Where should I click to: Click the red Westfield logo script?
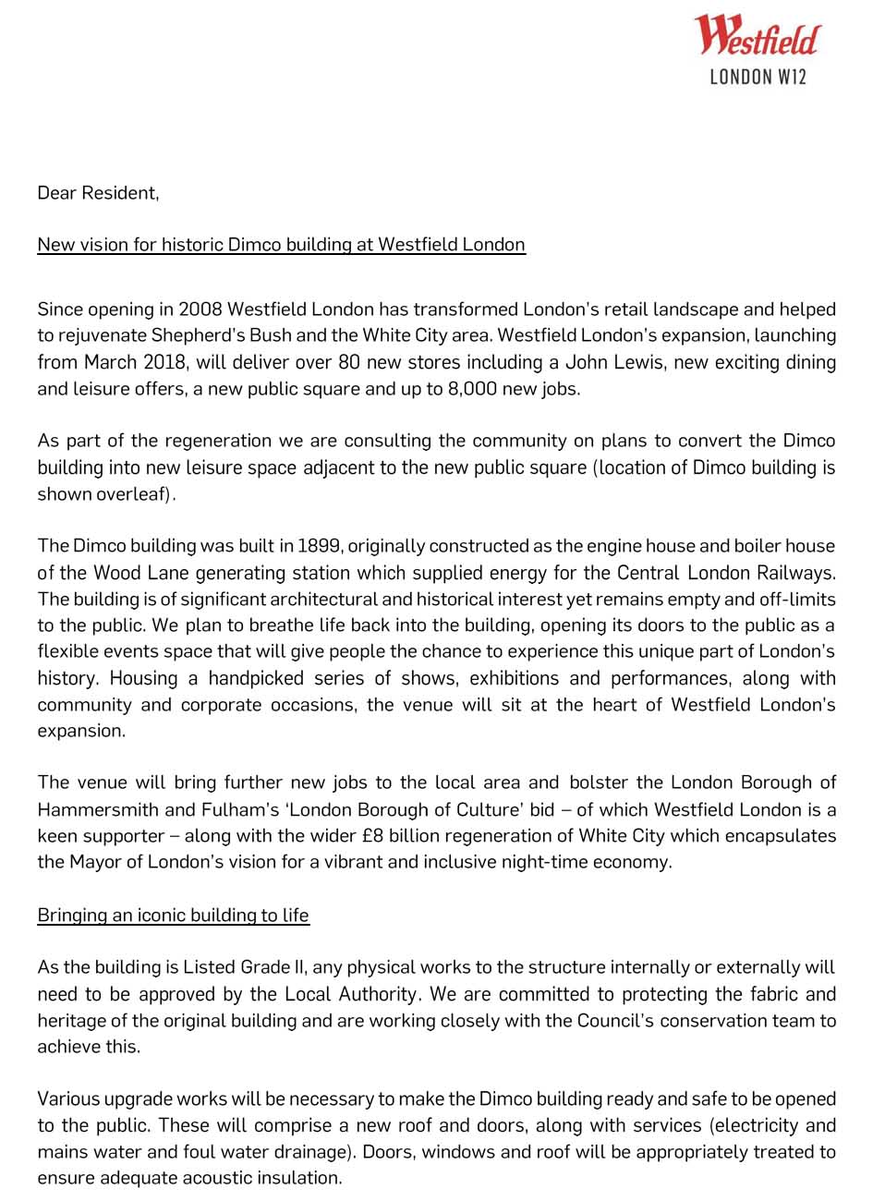point(756,37)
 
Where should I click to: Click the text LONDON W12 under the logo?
point(758,77)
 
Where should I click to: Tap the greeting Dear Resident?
point(98,193)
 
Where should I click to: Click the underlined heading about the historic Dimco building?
point(281,245)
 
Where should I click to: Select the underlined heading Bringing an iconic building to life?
point(173,916)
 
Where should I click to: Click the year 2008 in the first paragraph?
point(200,309)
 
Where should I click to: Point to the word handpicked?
point(256,678)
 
